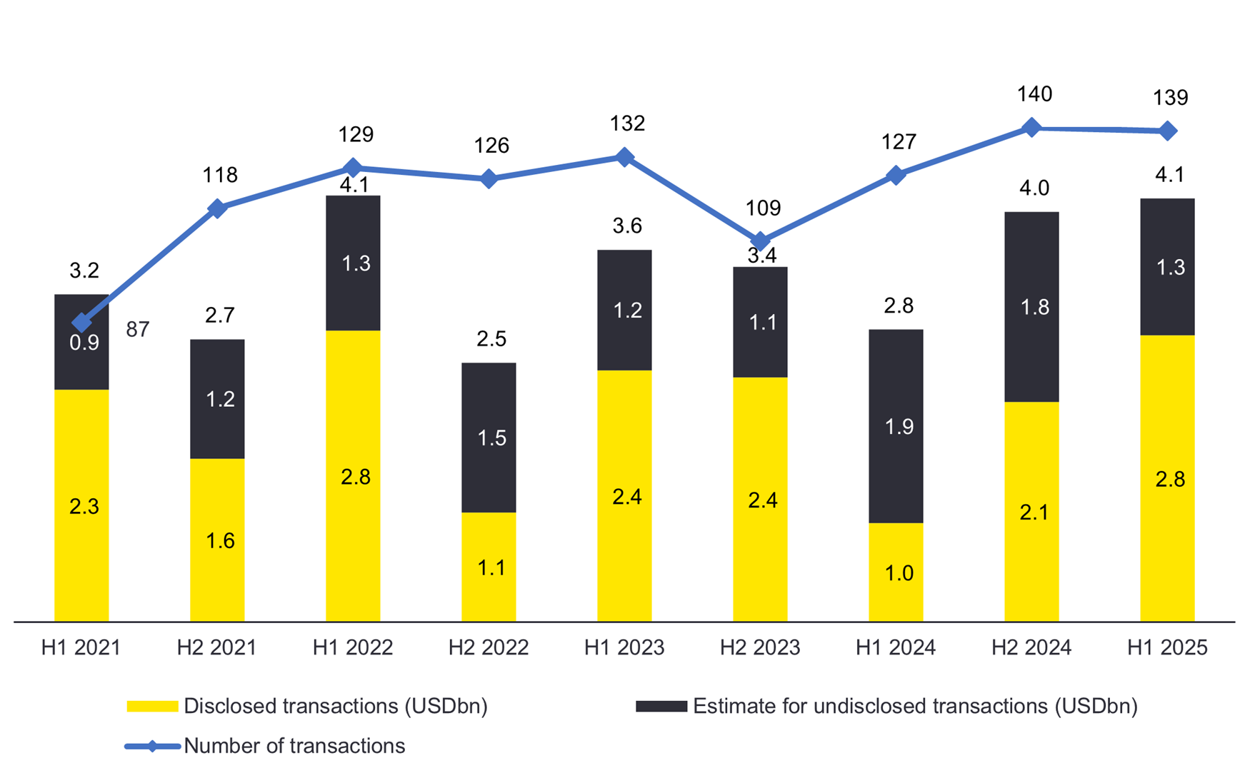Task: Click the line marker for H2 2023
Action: (x=761, y=241)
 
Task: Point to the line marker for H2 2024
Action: (x=1031, y=128)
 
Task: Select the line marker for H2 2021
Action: (x=217, y=208)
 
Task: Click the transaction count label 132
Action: (x=627, y=123)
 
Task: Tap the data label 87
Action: (x=138, y=329)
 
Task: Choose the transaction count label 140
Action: (x=1034, y=94)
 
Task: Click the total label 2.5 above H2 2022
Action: (x=491, y=339)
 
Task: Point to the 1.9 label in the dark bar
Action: (x=899, y=426)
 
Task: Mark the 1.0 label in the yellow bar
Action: (x=899, y=573)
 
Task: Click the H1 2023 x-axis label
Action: (x=624, y=647)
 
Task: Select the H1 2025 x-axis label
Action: (x=1167, y=647)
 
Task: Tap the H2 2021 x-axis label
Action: (x=217, y=647)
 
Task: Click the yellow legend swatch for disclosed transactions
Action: (x=152, y=706)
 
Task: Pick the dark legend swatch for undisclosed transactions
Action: (x=661, y=706)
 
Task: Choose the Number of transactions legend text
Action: (x=294, y=746)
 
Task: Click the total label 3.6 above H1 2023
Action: (x=627, y=226)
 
